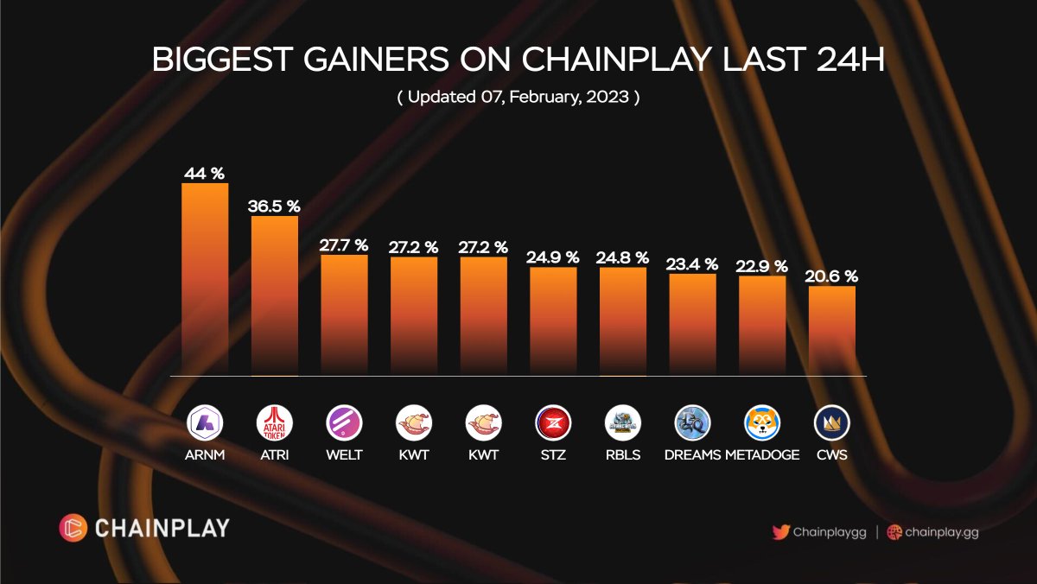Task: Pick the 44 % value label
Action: point(205,174)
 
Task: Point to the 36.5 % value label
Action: point(275,206)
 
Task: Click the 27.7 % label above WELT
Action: point(344,245)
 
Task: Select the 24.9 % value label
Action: point(553,257)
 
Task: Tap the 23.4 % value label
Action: point(692,264)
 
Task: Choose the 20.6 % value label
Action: point(832,276)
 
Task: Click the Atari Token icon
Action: point(275,423)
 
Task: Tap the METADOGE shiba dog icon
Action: point(762,423)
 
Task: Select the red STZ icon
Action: point(553,423)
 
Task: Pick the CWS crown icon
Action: point(832,423)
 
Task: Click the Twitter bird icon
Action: point(781,532)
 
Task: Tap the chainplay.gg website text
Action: point(941,532)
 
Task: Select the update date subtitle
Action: point(518,97)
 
